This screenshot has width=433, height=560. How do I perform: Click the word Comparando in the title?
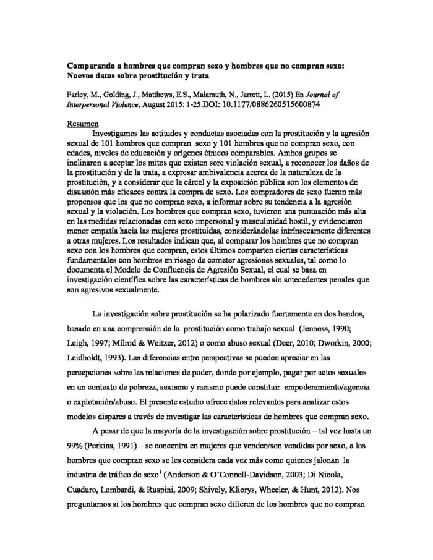(x=91, y=64)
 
